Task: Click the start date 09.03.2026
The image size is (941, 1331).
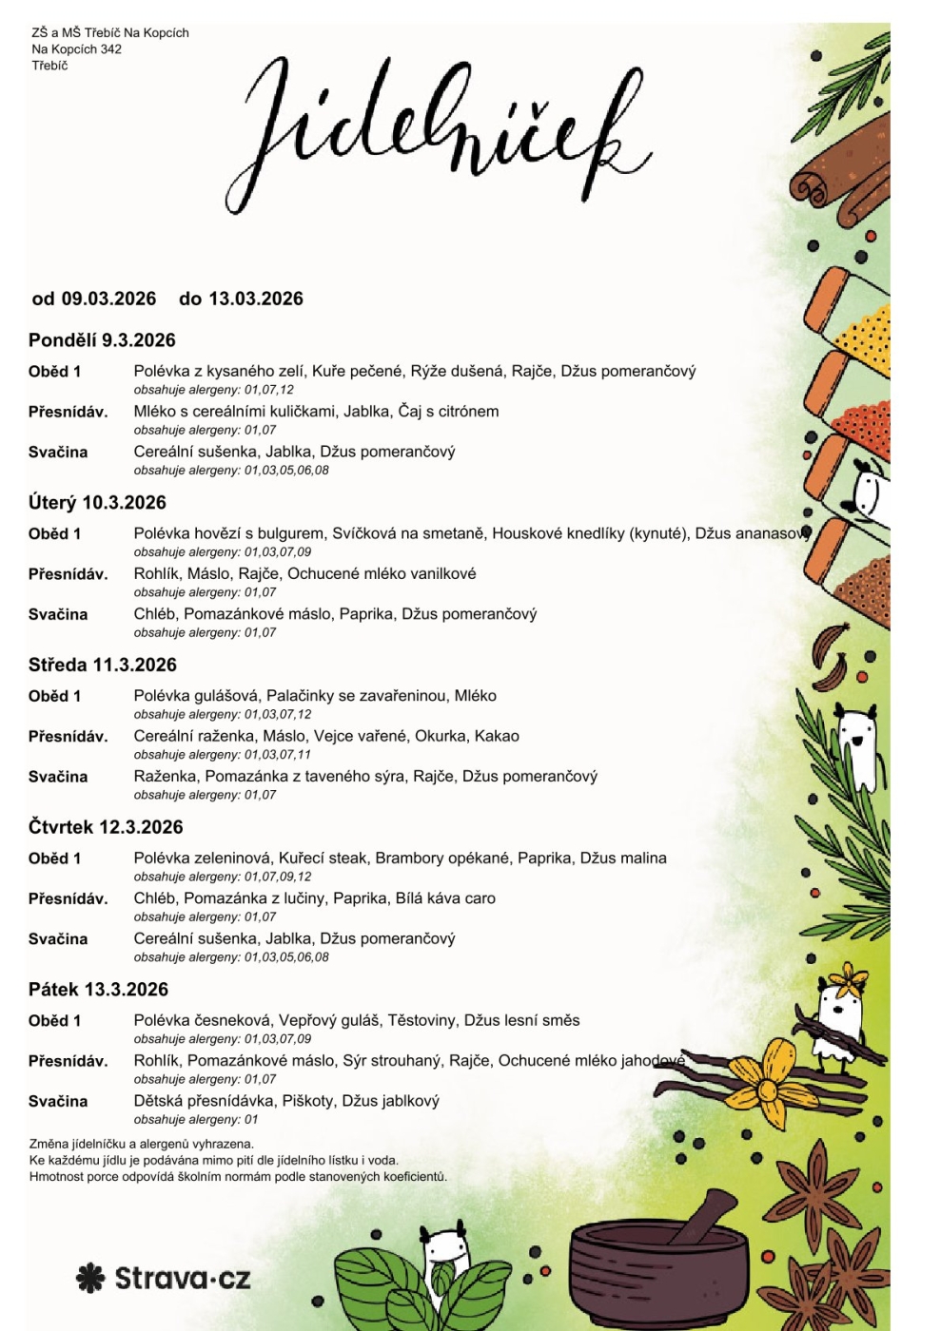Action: [x=108, y=299]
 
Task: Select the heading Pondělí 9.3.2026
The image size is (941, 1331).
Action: [x=102, y=340]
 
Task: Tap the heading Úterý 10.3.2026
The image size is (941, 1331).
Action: [x=97, y=503]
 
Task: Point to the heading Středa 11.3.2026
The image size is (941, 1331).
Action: [x=102, y=665]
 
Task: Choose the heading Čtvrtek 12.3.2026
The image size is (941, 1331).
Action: [x=106, y=827]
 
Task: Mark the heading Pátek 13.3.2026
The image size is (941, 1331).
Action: [x=98, y=990]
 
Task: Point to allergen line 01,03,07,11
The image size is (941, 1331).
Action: [x=277, y=755]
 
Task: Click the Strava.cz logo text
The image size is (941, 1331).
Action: [x=183, y=1279]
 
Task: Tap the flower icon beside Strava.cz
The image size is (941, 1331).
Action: [x=90, y=1279]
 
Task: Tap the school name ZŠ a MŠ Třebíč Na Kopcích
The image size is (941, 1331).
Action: [x=110, y=32]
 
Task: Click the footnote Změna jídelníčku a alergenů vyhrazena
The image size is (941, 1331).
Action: [x=142, y=1145]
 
